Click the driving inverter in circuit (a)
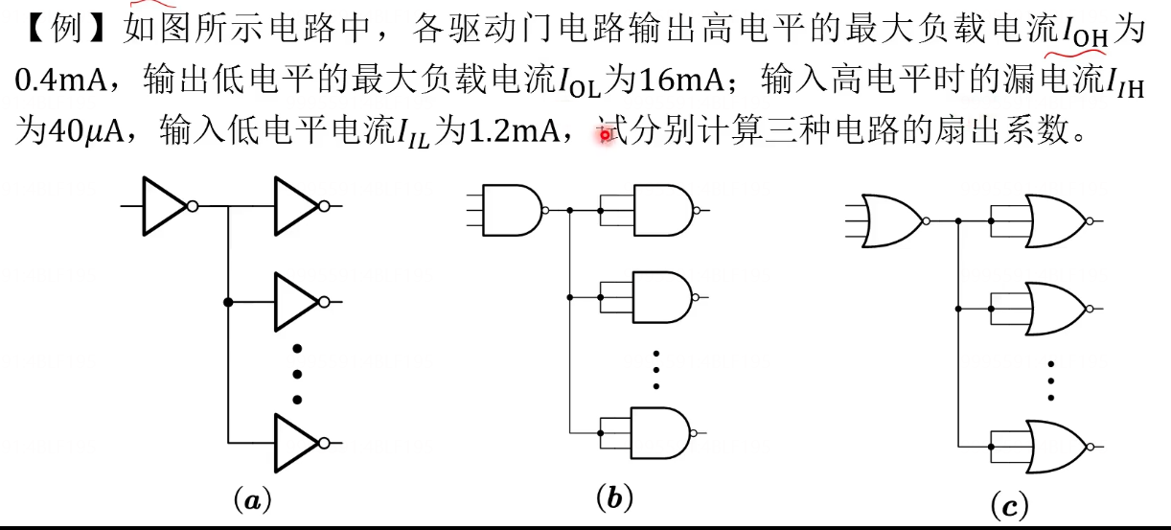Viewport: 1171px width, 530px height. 165,206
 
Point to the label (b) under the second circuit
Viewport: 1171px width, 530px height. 614,497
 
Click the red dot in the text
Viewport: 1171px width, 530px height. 605,136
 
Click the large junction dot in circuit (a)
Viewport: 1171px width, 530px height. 228,302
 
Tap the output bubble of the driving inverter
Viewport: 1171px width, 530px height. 193,206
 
